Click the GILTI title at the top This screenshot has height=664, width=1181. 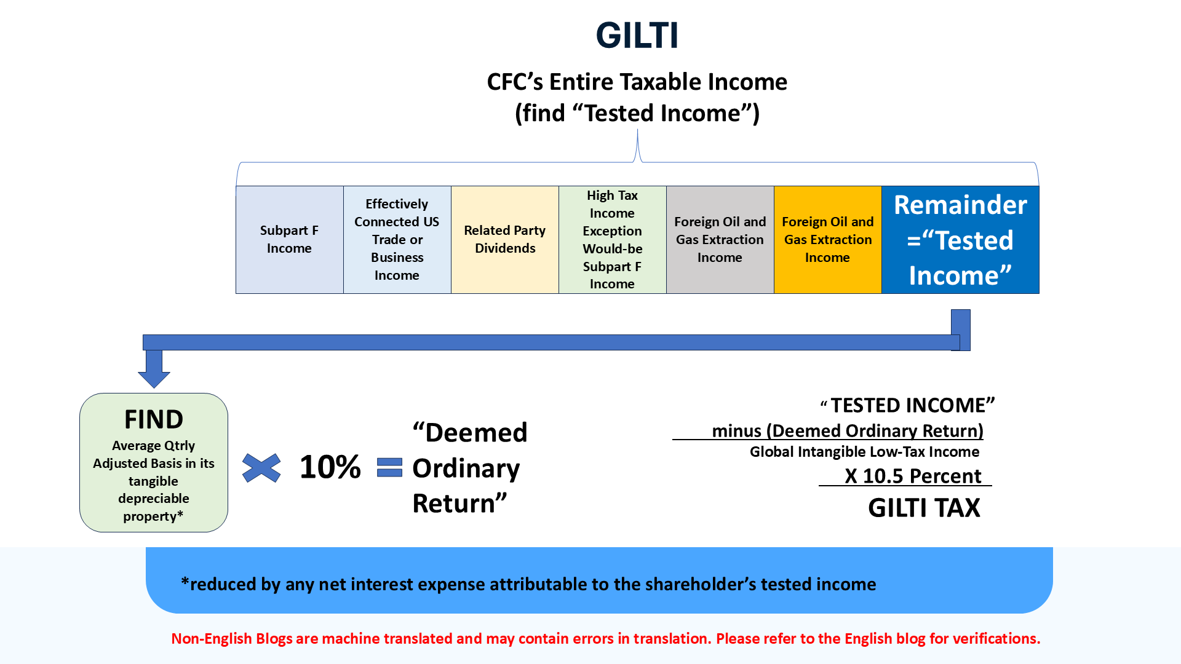(637, 35)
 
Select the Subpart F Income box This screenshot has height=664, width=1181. (290, 240)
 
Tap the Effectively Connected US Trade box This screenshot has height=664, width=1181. (397, 240)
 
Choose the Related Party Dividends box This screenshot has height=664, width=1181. (505, 240)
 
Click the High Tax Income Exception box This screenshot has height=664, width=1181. (613, 240)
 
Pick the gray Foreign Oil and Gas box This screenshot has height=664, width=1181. (720, 240)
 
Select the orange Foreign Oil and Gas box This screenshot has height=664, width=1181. (828, 240)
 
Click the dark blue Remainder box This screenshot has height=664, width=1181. (960, 240)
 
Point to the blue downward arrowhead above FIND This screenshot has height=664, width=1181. (154, 378)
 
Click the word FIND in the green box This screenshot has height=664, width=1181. (154, 419)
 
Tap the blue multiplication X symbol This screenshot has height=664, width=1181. (261, 468)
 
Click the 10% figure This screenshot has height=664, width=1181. (330, 467)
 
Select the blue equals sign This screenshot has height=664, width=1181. (389, 467)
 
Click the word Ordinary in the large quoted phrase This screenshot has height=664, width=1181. (466, 468)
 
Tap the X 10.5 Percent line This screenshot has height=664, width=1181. (913, 476)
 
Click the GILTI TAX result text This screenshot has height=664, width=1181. (924, 508)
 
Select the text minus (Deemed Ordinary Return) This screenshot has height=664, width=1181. (848, 431)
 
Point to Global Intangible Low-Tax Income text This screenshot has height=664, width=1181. (864, 452)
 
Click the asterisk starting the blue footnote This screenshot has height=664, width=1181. (185, 581)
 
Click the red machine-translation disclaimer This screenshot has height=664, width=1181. (606, 639)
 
